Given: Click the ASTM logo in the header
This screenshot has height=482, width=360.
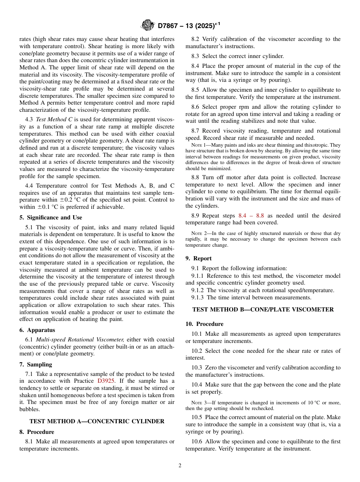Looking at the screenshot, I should pyautogui.click(x=147, y=25).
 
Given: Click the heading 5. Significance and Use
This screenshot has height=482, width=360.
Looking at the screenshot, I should pyautogui.click(x=50, y=218).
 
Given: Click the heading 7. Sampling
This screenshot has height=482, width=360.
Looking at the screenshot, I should pyautogui.click(x=36, y=365).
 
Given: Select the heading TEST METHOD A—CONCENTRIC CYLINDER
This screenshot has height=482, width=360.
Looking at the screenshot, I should pyautogui.click(x=97, y=421).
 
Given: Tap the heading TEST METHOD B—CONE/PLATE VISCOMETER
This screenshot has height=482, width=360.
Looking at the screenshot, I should pyautogui.click(x=263, y=310).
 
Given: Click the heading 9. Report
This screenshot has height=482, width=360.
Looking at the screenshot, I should pyautogui.click(x=198, y=258).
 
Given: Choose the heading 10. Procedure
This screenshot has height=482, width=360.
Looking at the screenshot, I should pyautogui.click(x=204, y=324).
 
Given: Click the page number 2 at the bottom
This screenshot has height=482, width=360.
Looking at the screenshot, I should pyautogui.click(x=180, y=466).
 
